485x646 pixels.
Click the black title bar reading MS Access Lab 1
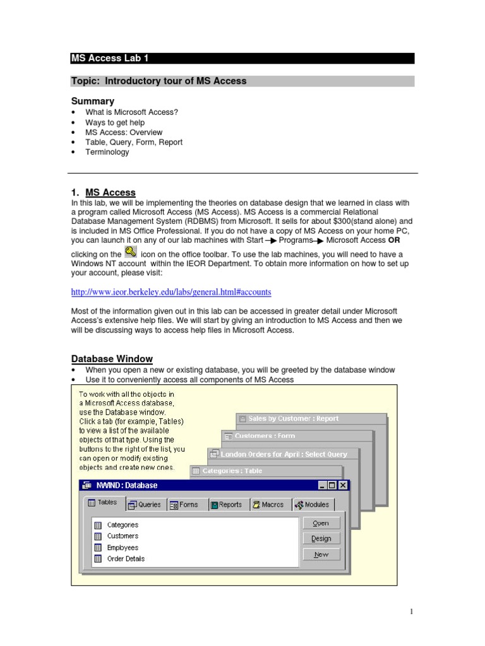242,59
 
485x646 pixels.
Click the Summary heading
93,101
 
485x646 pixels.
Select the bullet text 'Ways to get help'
115,122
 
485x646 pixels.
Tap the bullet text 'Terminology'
107,152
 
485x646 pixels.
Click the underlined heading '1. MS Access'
103,192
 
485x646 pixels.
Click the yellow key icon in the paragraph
131,252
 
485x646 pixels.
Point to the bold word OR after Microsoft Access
394,240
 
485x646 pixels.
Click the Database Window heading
112,359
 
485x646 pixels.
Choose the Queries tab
145,505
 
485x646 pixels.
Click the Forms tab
184,505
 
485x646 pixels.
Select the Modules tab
312,505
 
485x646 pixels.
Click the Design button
321,538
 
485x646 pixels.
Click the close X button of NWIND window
342,485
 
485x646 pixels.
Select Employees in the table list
123,548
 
